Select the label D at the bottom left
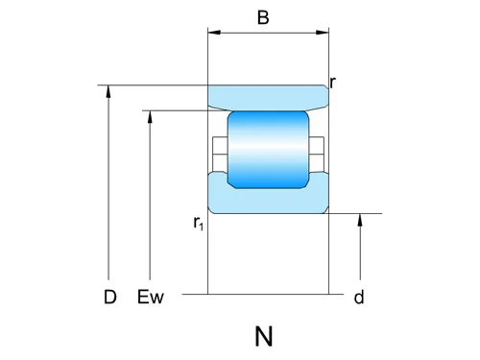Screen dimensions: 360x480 [110, 297]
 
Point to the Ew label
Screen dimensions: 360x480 [152, 297]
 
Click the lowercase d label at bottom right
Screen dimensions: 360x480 [359, 298]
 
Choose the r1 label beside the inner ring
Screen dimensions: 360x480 [198, 224]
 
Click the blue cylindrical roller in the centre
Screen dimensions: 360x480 [268, 148]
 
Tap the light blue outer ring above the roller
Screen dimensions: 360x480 [268, 97]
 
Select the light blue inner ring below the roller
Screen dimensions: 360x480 [268, 199]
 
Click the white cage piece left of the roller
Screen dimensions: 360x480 [219, 148]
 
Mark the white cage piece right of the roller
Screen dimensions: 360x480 [317, 148]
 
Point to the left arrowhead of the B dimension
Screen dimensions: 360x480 [213, 34]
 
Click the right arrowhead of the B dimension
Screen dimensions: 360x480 [324, 34]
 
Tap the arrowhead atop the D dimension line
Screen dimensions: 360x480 [110, 90]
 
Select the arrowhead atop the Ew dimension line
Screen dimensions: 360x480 [151, 117]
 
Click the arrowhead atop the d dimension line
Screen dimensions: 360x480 [360, 219]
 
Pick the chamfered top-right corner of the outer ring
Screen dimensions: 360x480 [325, 88]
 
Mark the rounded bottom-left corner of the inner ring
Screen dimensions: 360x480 [212, 209]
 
